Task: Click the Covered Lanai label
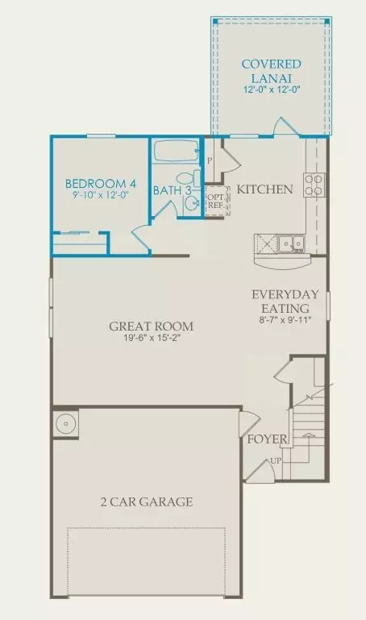click(x=272, y=70)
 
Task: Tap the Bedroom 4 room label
click(x=101, y=184)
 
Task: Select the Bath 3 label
click(x=173, y=190)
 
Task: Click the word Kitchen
click(x=264, y=189)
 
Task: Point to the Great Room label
click(x=152, y=327)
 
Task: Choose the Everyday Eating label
click(x=285, y=301)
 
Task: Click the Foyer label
click(x=267, y=439)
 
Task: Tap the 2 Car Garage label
click(x=147, y=501)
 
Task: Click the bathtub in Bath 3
click(x=176, y=151)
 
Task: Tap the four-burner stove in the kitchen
click(x=314, y=185)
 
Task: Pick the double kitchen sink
click(x=291, y=243)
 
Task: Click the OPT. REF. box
click(x=217, y=202)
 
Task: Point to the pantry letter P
click(x=210, y=160)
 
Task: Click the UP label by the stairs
click(x=276, y=460)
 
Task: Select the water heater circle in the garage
click(x=65, y=424)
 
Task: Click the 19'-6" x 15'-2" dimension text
click(x=152, y=338)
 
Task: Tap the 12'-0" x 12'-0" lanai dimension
click(x=272, y=89)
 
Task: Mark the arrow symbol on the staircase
click(x=309, y=435)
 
